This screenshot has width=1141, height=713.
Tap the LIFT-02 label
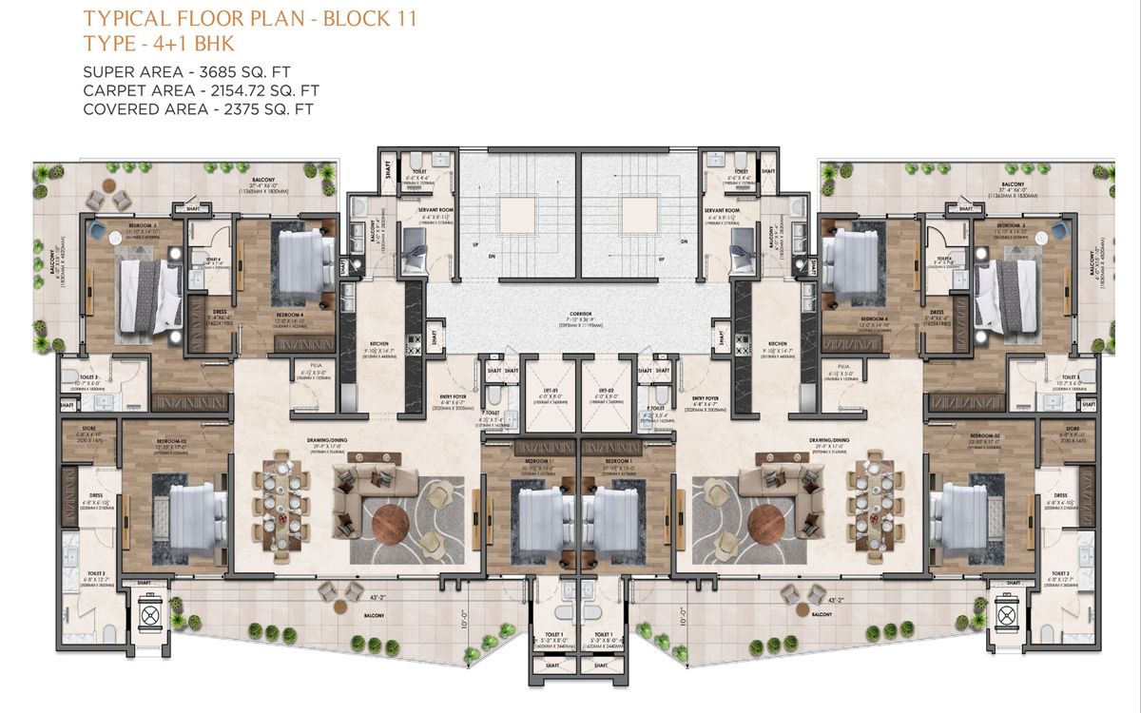[x=606, y=389]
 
